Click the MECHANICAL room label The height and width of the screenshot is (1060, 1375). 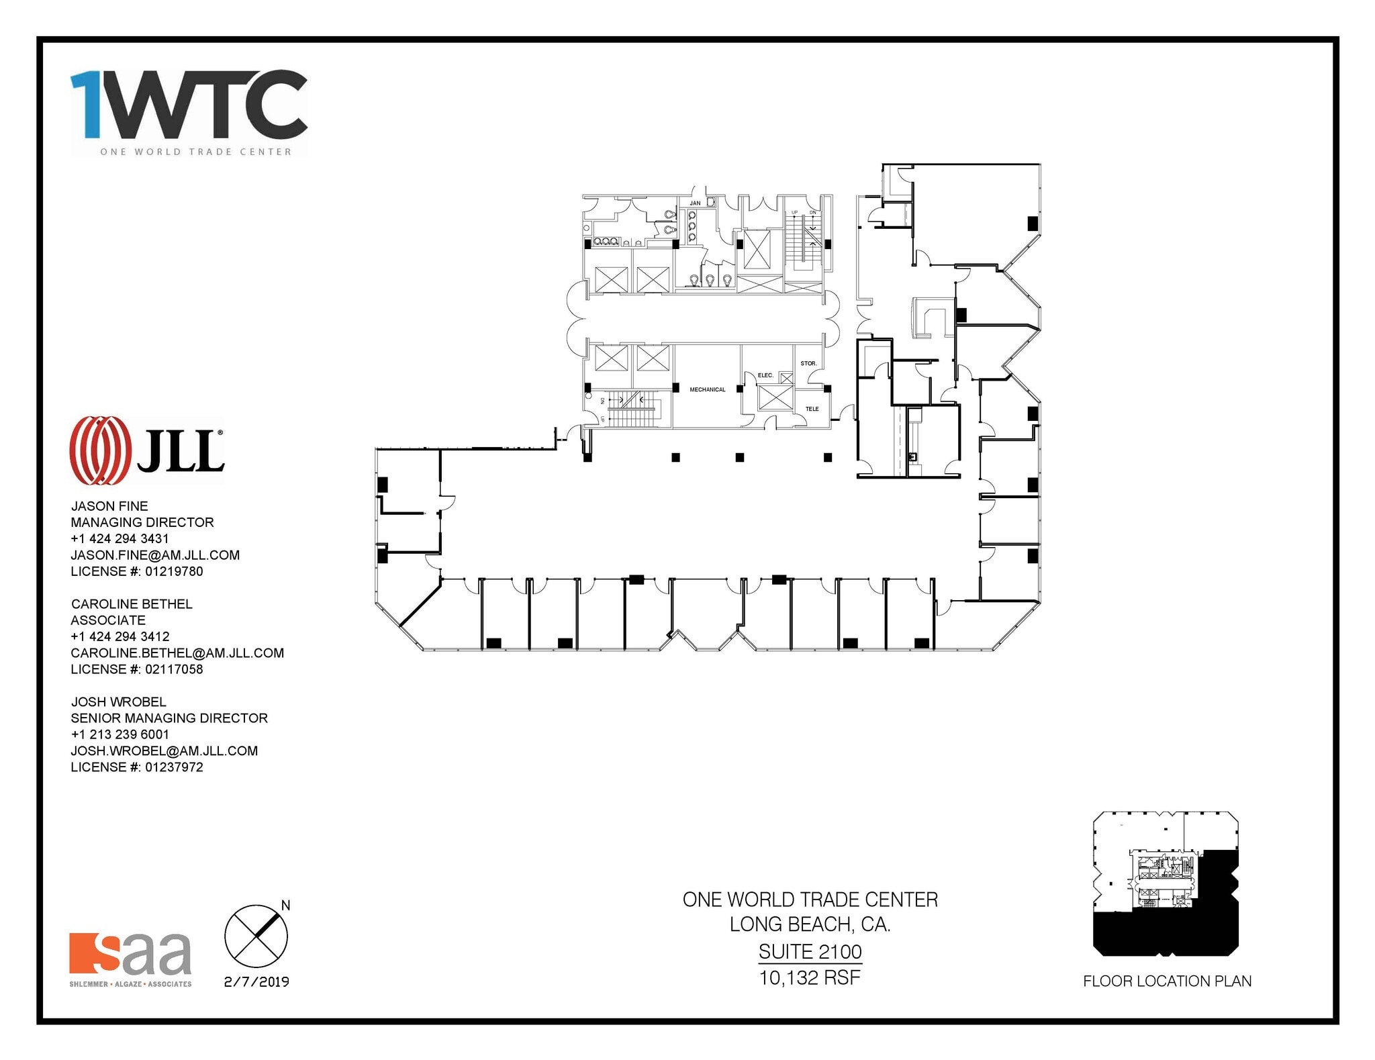(707, 389)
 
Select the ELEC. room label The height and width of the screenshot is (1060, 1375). (765, 375)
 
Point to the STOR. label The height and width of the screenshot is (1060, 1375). (808, 363)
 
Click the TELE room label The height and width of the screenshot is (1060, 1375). (812, 409)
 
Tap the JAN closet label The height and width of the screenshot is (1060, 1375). (695, 203)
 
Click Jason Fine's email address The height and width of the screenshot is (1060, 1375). (155, 555)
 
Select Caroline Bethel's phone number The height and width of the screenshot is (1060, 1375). (120, 636)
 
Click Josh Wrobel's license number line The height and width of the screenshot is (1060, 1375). (137, 767)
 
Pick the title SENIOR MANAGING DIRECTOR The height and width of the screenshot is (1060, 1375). (169, 718)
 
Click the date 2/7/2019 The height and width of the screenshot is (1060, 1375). (256, 981)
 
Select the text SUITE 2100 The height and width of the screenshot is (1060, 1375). (810, 951)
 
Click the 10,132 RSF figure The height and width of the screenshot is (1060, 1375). (810, 977)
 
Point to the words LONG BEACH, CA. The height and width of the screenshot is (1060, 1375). (810, 924)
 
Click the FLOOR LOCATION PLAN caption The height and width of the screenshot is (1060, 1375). (1167, 981)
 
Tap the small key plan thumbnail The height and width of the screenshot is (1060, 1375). (1165, 883)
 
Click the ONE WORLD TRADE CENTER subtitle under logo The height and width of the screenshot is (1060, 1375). (195, 152)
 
